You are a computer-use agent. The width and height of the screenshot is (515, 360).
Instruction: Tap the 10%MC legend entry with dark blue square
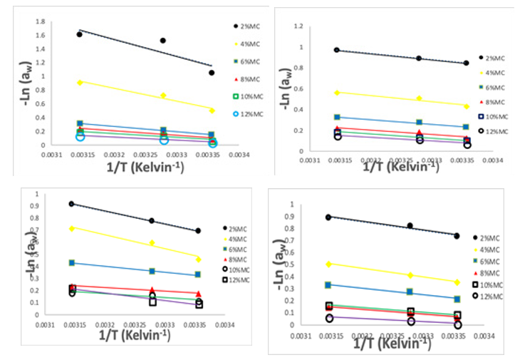pyautogui.click(x=493, y=115)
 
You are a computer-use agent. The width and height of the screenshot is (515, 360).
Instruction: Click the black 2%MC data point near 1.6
pyautogui.click(x=79, y=34)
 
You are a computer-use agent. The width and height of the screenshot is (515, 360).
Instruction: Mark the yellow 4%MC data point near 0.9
pyautogui.click(x=79, y=82)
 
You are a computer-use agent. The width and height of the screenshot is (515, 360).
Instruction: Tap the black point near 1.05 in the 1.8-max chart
pyautogui.click(x=212, y=73)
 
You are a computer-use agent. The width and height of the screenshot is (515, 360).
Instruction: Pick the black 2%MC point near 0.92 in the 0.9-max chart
pyautogui.click(x=72, y=204)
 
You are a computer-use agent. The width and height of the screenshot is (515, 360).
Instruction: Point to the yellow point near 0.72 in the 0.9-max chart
pyautogui.click(x=72, y=228)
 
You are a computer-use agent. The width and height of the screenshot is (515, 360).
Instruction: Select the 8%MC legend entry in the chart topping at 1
pyautogui.click(x=491, y=273)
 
